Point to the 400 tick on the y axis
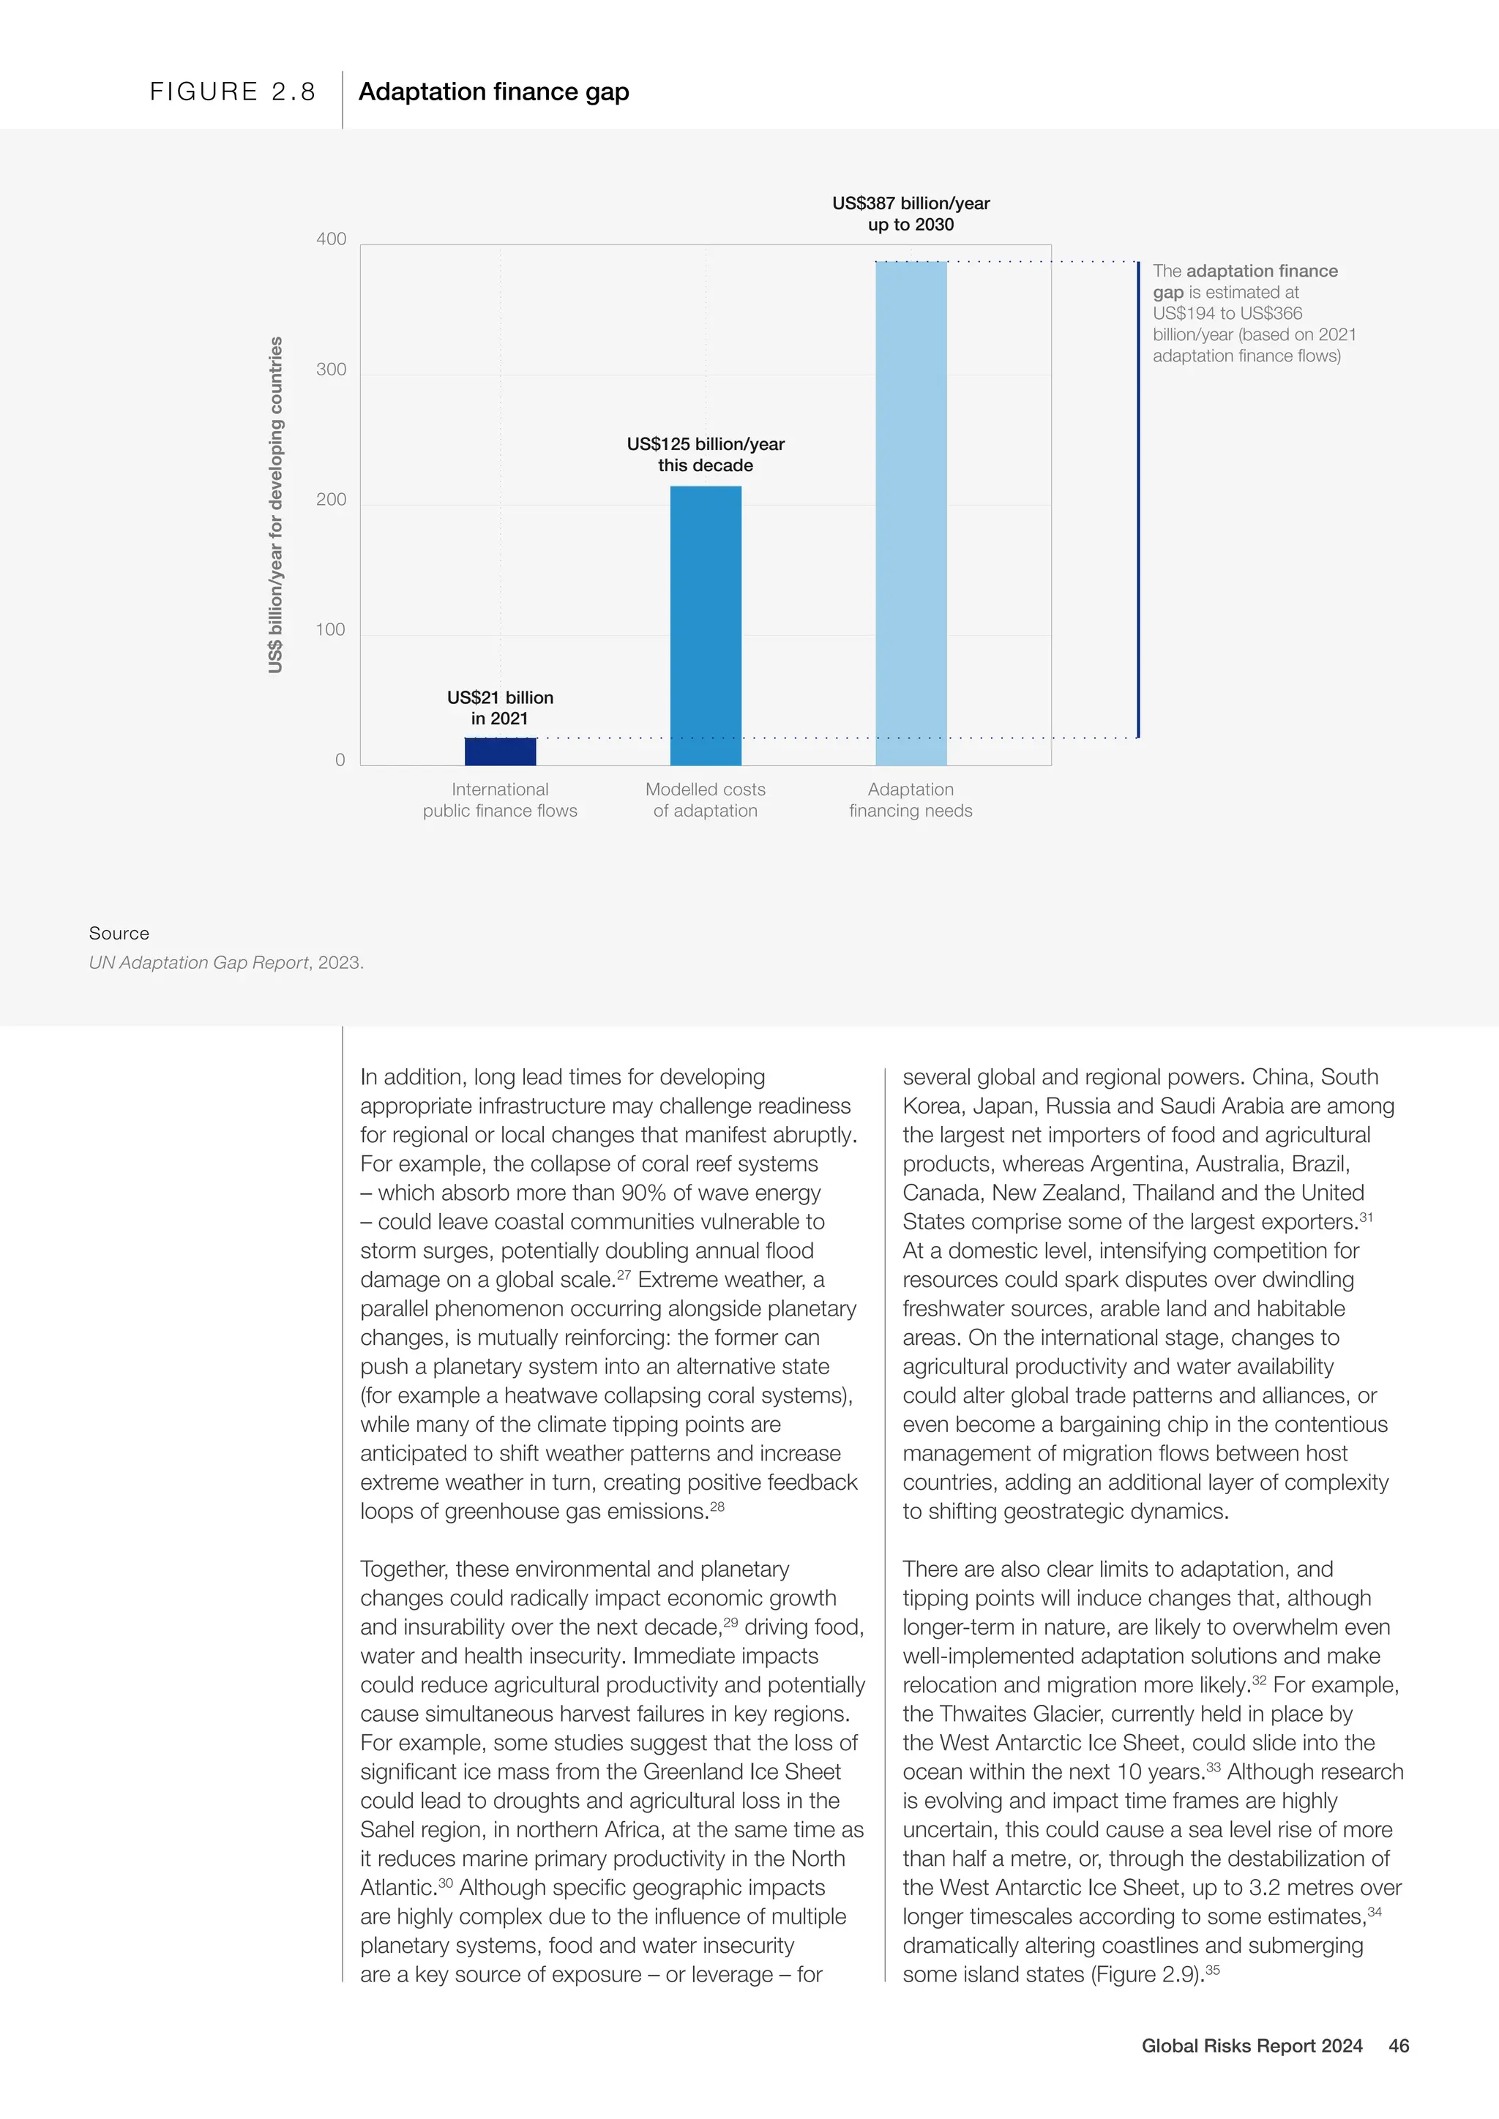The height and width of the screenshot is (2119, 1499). click(332, 239)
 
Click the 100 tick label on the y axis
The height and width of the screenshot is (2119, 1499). click(332, 629)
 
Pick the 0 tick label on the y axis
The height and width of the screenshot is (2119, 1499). click(340, 760)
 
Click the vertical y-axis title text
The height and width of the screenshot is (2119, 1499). click(275, 504)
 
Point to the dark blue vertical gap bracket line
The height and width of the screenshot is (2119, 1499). click(1138, 498)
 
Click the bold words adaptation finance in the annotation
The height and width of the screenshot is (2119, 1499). click(1261, 271)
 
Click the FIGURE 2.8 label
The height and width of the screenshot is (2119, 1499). click(233, 91)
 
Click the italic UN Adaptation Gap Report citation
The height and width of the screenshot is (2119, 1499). click(198, 963)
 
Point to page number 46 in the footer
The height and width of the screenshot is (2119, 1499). click(1399, 2045)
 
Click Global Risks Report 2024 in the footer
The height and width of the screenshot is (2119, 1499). click(1252, 2045)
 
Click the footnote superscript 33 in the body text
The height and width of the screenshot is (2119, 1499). click(1213, 1766)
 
